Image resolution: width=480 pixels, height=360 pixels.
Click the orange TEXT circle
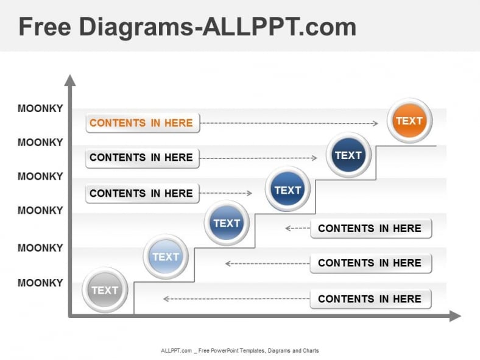[x=409, y=121]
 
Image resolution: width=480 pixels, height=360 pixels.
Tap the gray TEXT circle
[x=105, y=290]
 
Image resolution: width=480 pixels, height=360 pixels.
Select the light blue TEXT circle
[x=166, y=256]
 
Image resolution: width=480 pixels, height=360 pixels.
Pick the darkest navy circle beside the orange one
[x=348, y=155]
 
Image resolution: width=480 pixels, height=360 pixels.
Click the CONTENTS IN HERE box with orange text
[x=142, y=123]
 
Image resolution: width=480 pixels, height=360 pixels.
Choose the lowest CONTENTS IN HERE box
[x=370, y=299]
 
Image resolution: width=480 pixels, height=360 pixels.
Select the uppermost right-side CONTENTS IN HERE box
[x=370, y=228]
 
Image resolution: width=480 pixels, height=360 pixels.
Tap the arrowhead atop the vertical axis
[x=70, y=80]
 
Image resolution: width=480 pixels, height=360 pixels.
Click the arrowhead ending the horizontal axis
[x=454, y=316]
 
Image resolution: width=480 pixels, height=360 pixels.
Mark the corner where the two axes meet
[x=71, y=316]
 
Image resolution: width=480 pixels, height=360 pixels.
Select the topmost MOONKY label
[x=40, y=108]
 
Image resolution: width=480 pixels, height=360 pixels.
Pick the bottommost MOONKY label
[x=40, y=283]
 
